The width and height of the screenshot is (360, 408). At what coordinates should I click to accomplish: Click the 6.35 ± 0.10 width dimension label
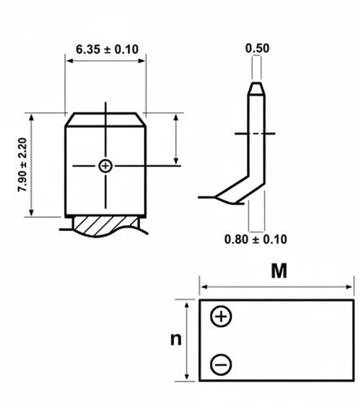click(107, 49)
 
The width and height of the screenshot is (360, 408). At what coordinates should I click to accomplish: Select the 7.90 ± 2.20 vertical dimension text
click(22, 165)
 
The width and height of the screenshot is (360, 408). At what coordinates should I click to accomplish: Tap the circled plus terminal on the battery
click(221, 317)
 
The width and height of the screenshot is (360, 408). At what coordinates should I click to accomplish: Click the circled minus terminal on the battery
click(221, 365)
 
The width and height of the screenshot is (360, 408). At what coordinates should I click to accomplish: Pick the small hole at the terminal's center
click(106, 166)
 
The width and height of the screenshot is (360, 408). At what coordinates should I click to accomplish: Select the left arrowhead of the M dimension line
click(202, 286)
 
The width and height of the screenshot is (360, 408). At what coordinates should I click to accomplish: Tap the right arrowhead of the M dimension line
click(351, 286)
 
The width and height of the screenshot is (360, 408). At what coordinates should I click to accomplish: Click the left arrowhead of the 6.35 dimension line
click(68, 61)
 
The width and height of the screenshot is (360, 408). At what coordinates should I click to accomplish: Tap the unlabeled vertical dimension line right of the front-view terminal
click(176, 140)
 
